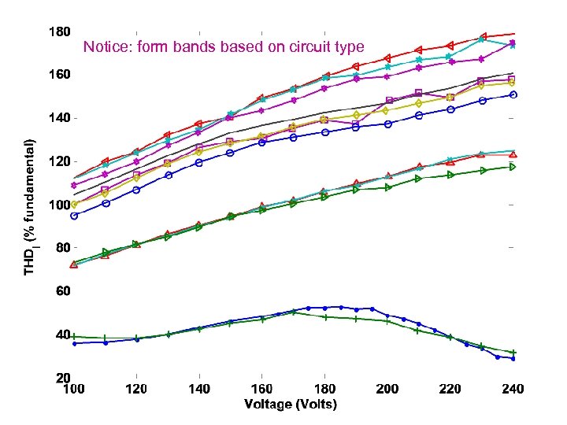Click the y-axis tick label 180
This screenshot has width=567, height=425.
(x=60, y=32)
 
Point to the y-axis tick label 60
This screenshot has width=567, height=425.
(x=62, y=291)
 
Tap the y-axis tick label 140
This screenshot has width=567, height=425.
(x=60, y=117)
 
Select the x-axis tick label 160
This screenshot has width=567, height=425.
(x=262, y=390)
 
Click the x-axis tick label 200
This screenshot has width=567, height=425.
(x=387, y=390)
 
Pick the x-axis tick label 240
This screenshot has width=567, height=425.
(x=513, y=390)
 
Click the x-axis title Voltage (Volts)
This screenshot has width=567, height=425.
(x=291, y=405)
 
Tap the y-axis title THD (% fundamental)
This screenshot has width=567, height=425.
(x=30, y=206)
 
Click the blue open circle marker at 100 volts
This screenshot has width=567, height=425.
(x=74, y=216)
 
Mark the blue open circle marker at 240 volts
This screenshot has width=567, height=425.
(x=513, y=94)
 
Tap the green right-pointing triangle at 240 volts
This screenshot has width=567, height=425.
(x=513, y=167)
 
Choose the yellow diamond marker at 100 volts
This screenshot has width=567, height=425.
(x=74, y=205)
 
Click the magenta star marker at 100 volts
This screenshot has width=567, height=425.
(x=74, y=186)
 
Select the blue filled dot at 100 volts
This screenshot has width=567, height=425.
(x=74, y=343)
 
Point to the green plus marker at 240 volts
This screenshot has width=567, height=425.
(x=513, y=352)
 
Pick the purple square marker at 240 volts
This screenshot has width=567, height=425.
(x=513, y=79)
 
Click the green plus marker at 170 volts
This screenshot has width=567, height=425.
(x=293, y=312)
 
